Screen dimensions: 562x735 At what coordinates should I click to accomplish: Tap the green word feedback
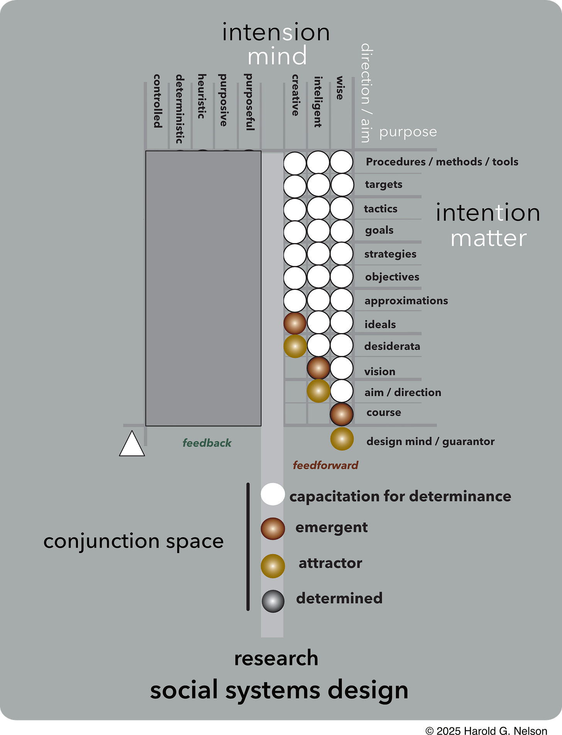coord(207,443)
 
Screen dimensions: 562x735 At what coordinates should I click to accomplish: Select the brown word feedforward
coord(325,465)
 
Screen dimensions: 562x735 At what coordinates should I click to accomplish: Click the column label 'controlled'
coord(157,101)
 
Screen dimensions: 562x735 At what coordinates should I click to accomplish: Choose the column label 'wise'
coord(340,88)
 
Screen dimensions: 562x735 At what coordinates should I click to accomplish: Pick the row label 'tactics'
coord(381,209)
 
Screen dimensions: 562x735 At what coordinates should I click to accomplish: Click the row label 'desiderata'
coord(392,346)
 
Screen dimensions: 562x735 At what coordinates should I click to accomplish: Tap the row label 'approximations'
coord(406,301)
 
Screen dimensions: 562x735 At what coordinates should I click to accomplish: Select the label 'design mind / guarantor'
coord(430,441)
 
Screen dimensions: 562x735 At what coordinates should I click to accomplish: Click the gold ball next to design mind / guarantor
coord(342,439)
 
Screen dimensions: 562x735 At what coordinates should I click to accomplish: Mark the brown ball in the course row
coord(342,414)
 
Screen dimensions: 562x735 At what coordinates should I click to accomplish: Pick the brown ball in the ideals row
coord(295,323)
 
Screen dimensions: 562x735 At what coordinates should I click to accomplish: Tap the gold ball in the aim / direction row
coord(318,391)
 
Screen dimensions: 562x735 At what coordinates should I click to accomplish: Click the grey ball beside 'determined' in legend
coord(273,601)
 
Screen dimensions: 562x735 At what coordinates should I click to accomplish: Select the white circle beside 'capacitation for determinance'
coord(273,494)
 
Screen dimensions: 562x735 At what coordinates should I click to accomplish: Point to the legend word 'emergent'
coord(332,527)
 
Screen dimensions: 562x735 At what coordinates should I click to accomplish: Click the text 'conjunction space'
coord(134,541)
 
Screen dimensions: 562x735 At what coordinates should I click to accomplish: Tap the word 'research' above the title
coord(276,658)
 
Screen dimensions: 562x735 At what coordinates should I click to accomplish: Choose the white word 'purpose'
coord(408,132)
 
